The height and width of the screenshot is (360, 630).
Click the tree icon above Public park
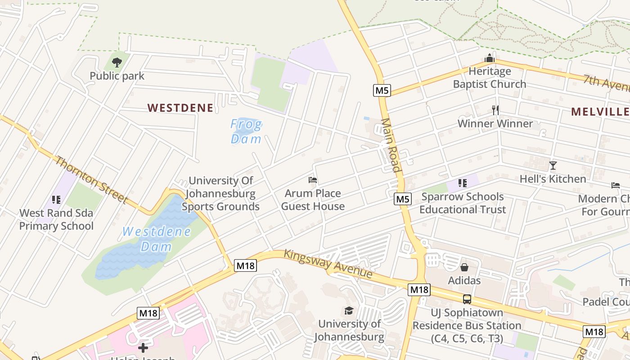click(117, 63)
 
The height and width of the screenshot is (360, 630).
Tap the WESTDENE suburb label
click(180, 108)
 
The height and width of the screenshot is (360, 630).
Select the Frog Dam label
click(246, 131)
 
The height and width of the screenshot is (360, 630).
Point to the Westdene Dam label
click(157, 239)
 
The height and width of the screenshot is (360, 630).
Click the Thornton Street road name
click(92, 180)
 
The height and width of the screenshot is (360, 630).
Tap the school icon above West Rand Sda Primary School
click(56, 199)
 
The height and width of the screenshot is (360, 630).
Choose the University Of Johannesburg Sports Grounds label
click(220, 193)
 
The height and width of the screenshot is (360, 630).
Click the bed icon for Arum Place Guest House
click(313, 180)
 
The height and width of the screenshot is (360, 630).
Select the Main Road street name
click(391, 145)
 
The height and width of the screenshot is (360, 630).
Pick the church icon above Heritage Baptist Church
click(490, 58)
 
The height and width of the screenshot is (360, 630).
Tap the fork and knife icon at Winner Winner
click(495, 110)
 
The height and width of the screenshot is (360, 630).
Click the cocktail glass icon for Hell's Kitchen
click(553, 166)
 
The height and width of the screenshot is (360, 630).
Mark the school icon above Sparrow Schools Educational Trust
click(462, 183)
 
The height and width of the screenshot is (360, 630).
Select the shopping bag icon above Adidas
click(464, 267)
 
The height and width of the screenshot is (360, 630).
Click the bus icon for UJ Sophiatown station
click(467, 299)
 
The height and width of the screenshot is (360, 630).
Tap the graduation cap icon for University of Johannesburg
click(349, 310)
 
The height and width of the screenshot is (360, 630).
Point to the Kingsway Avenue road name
click(328, 264)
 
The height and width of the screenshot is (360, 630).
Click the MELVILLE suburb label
click(600, 112)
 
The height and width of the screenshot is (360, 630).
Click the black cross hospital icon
click(143, 348)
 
